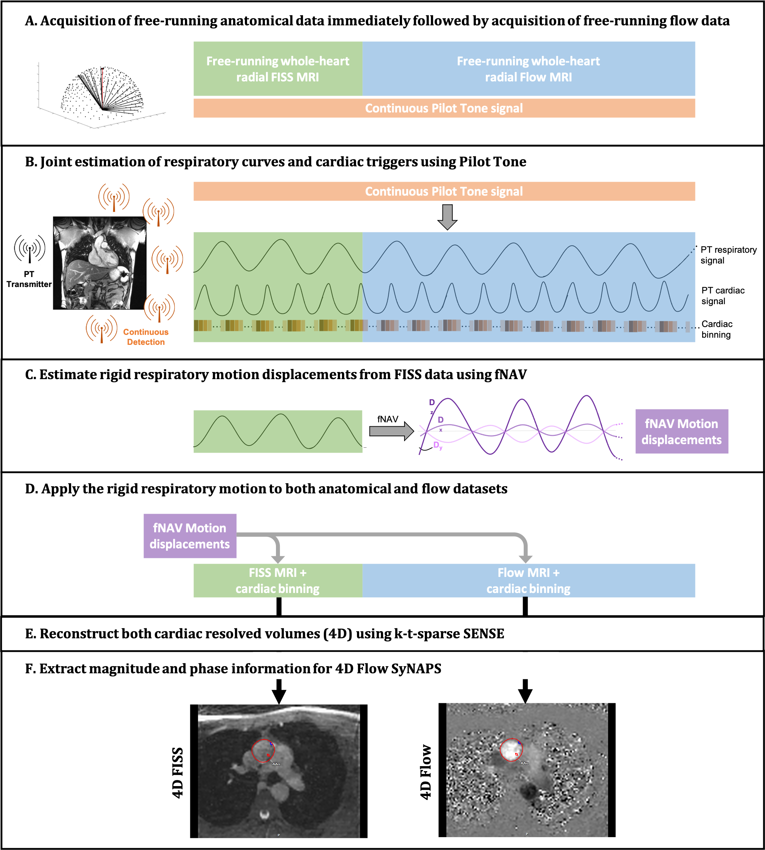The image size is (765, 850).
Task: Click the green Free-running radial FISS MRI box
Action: coord(277,69)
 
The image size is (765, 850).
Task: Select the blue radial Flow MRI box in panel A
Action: coord(528,69)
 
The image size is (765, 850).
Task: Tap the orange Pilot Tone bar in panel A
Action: coord(443,108)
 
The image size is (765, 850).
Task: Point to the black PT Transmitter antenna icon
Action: coord(29,249)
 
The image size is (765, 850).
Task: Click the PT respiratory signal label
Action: coord(728,255)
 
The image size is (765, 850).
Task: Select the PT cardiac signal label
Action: coord(723,296)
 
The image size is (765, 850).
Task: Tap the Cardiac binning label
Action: coord(717,329)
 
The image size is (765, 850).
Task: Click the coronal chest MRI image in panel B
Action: coord(100,263)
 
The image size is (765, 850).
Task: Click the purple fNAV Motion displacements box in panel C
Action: coord(681,431)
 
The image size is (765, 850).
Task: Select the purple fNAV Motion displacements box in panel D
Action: coord(190,535)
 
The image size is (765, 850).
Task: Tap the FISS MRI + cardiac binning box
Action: coord(277,580)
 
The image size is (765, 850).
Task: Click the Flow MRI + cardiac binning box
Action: coord(528,580)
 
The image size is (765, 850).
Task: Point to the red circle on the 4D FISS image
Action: coord(263,751)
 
